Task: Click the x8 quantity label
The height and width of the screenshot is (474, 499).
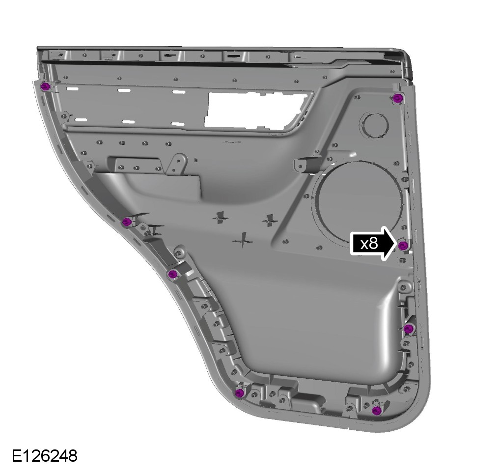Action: coord(369,244)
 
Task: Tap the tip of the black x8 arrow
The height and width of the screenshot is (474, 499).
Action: coord(397,244)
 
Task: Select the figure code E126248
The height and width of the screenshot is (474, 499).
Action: coord(45,456)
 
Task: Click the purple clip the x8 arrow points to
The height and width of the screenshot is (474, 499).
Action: coord(403,245)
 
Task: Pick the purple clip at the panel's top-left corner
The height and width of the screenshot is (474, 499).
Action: coord(46,86)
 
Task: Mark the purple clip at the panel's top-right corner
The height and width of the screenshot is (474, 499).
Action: coord(397,98)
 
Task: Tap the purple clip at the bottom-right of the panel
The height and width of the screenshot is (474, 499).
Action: coord(377,410)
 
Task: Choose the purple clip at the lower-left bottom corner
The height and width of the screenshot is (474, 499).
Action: coord(239,393)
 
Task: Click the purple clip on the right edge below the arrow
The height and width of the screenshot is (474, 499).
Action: coord(408,329)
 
